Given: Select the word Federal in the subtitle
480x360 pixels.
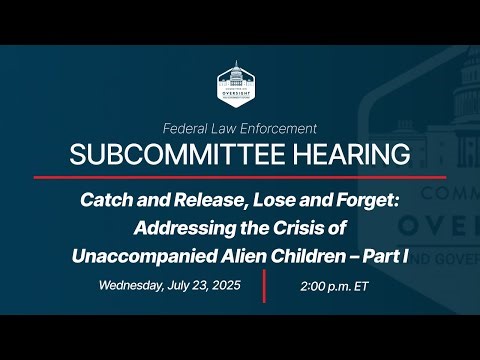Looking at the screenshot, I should (x=187, y=128).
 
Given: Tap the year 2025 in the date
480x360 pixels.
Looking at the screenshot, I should (x=226, y=285).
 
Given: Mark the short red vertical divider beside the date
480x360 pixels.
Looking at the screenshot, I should (x=264, y=285).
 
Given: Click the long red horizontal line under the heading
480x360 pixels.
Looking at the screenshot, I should (x=240, y=177).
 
